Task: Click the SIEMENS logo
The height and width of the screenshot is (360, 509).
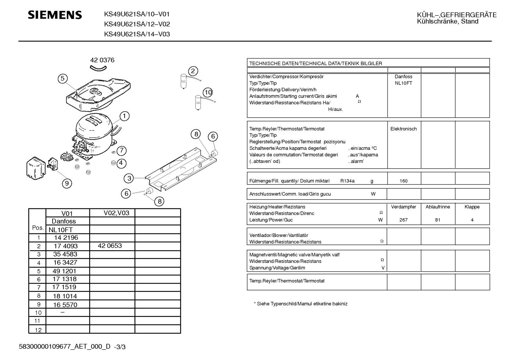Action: point(55,15)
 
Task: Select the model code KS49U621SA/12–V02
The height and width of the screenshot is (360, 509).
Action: point(137,24)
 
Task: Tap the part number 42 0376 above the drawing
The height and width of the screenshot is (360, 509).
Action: point(102,60)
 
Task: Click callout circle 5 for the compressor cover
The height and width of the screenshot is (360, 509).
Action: point(62,78)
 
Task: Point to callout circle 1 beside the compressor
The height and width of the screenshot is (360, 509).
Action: point(124,116)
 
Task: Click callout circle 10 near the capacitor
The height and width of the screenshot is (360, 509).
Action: point(208,92)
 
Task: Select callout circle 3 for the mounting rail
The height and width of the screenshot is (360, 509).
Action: point(129,178)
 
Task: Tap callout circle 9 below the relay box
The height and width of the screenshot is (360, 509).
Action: point(67,183)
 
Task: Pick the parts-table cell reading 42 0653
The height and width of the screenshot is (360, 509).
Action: point(110,246)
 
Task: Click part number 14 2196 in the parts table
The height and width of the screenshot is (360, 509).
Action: point(66,238)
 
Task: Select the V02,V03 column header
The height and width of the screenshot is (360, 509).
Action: point(116,213)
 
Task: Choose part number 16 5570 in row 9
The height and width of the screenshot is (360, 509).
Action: point(65,305)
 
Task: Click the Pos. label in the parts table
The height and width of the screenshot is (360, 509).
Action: point(37,228)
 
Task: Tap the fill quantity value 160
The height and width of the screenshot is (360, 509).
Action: point(403,181)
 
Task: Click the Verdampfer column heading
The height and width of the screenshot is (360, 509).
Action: point(403,207)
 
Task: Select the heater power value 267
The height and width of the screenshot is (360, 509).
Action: point(403,220)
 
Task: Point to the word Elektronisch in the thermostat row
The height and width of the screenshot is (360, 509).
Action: point(403,129)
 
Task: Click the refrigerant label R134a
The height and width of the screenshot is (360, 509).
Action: point(347,181)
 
